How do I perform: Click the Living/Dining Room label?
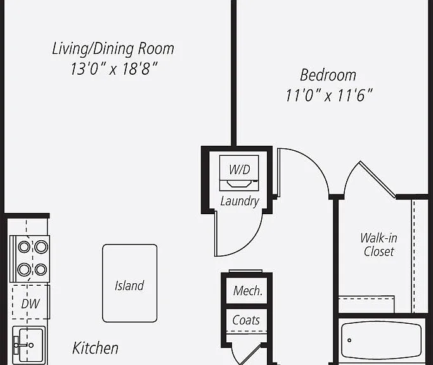[113, 49]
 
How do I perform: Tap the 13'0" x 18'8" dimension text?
[113, 68]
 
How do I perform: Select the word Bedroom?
[328, 75]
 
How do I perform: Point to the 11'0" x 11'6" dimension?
[329, 96]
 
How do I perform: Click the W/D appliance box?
[239, 173]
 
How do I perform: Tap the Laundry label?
[240, 202]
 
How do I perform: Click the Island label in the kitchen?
[129, 286]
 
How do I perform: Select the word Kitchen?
[95, 348]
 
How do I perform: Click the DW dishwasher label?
[30, 304]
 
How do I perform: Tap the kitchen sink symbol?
[29, 345]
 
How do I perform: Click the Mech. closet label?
[247, 291]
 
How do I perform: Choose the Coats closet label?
[246, 320]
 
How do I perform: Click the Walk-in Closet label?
[378, 245]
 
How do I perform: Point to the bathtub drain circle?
[349, 340]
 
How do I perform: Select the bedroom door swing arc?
[315, 163]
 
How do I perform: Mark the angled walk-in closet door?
[377, 180]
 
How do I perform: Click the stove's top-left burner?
[24, 247]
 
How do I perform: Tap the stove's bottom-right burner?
[41, 269]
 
